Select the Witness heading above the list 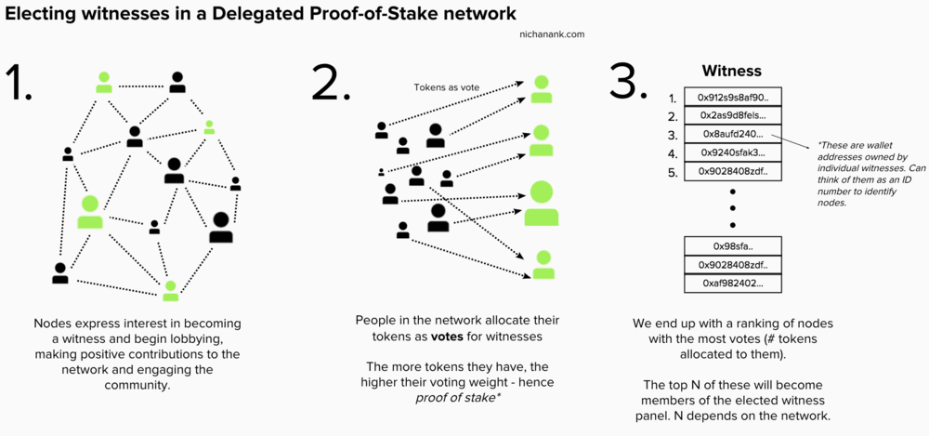tap(731, 71)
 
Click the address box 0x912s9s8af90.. tap(731, 97)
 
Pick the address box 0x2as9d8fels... tap(731, 115)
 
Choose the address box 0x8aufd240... tap(731, 134)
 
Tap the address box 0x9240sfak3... tap(731, 152)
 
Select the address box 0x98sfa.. tap(731, 245)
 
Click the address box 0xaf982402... tap(731, 283)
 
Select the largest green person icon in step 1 tap(90, 212)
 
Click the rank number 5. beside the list tap(673, 172)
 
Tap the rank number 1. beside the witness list tap(673, 98)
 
